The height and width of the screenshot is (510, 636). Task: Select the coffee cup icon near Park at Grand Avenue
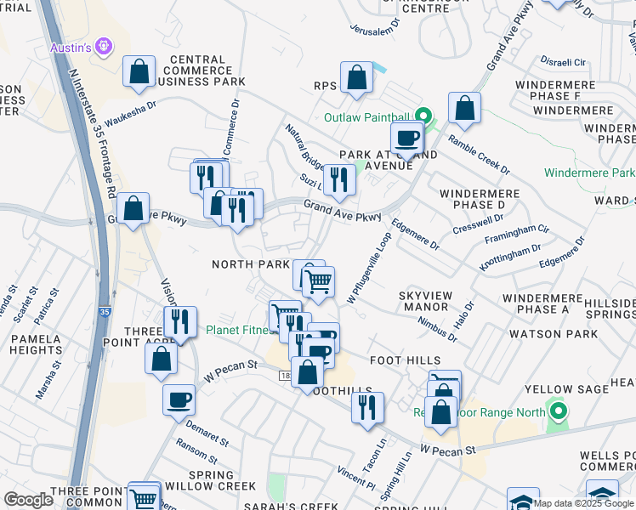[406, 138]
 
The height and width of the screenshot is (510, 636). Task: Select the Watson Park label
[565, 334]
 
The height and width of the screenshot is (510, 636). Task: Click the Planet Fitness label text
[239, 330]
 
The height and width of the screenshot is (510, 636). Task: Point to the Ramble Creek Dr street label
[479, 155]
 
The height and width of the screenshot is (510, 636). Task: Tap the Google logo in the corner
[29, 499]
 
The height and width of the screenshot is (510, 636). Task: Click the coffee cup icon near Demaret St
[179, 399]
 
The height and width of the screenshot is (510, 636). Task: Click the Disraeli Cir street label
[564, 62]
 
